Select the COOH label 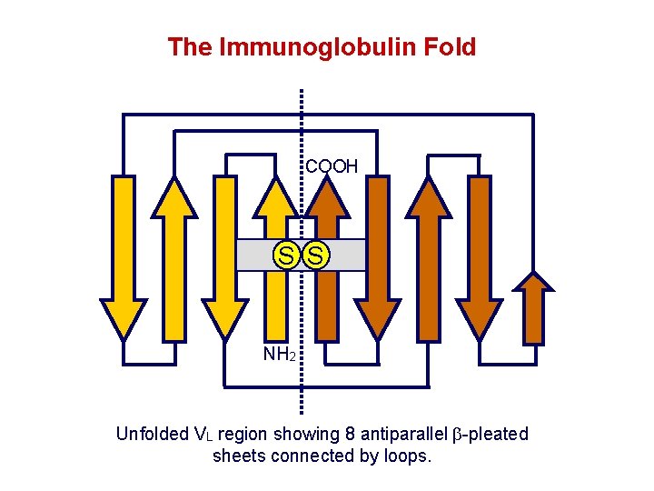(x=332, y=166)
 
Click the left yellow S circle (x=286, y=256)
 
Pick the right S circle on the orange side (x=315, y=256)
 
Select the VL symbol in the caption (x=203, y=435)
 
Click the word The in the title (x=189, y=47)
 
